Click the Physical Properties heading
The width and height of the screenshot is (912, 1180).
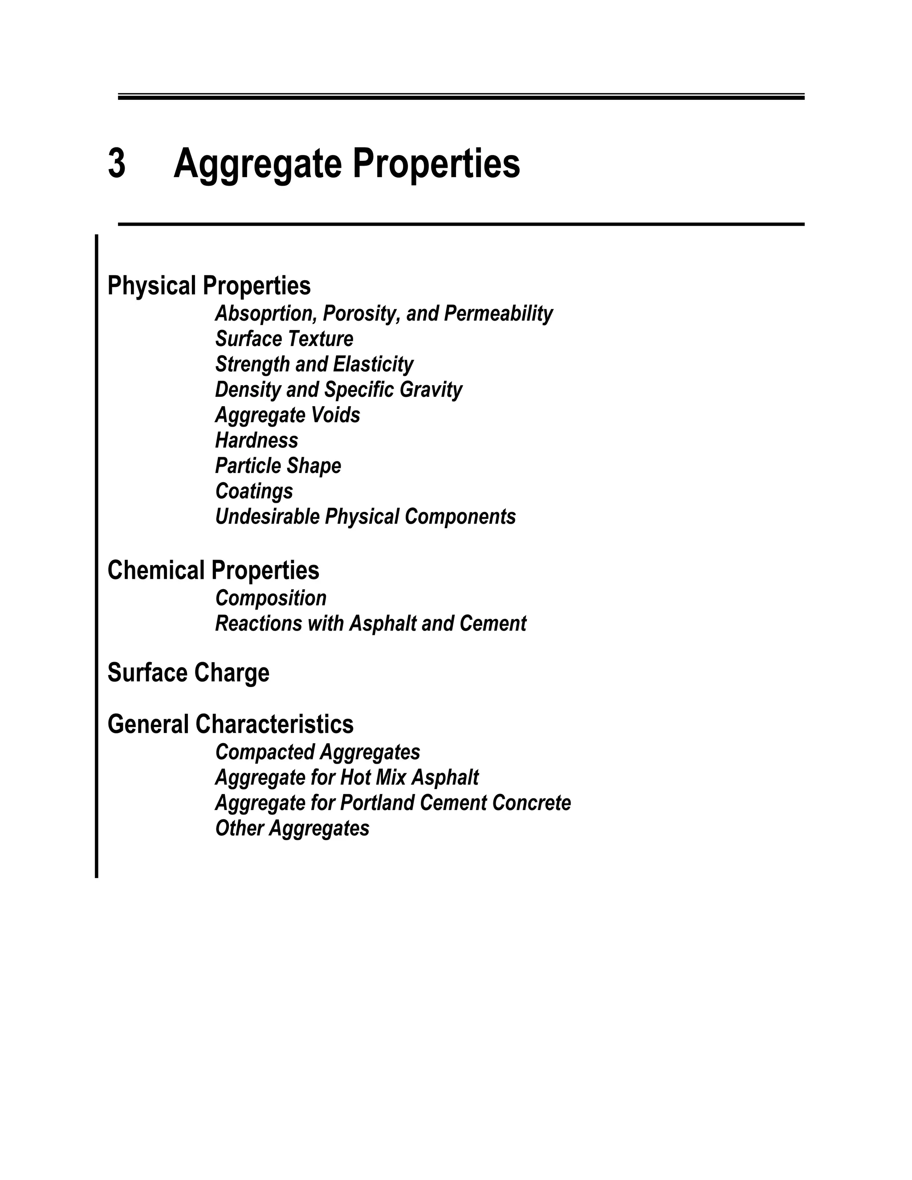point(209,286)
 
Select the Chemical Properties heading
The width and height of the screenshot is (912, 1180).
point(213,570)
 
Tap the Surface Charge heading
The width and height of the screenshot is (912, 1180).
point(188,673)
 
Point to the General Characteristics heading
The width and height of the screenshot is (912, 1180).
point(230,724)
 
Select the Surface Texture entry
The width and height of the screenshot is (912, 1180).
point(284,339)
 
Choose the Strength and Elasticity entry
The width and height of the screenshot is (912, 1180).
point(314,365)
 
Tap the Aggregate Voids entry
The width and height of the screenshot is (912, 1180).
point(287,415)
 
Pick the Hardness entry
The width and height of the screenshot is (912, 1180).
point(256,440)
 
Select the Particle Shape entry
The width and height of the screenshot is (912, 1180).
point(278,466)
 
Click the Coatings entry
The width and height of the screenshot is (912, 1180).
point(254,491)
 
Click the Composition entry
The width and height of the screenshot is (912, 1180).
point(271,598)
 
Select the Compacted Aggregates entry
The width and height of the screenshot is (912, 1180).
point(318,752)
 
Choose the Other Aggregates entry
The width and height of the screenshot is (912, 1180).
point(292,828)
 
